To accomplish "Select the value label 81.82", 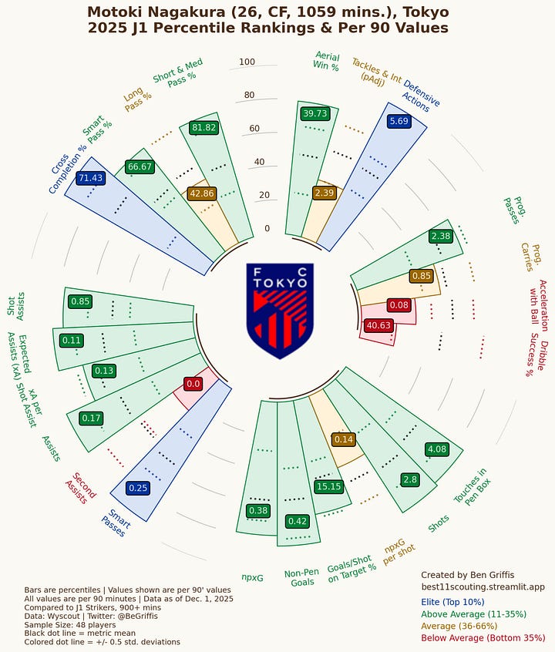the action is click(204, 127).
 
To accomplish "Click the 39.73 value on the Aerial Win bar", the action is click(315, 113).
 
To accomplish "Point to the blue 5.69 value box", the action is click(399, 121).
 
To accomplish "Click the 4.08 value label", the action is click(436, 449).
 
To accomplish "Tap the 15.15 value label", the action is click(328, 486).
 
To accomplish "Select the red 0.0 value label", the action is click(193, 383).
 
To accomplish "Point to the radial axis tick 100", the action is click(247, 62).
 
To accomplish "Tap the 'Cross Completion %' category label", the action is click(68, 169).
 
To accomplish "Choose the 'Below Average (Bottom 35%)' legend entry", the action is click(483, 638).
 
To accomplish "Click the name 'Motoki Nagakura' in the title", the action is click(158, 12).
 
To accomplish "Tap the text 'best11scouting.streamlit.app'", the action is click(483, 587).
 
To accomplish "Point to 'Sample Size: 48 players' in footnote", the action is click(74, 624).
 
